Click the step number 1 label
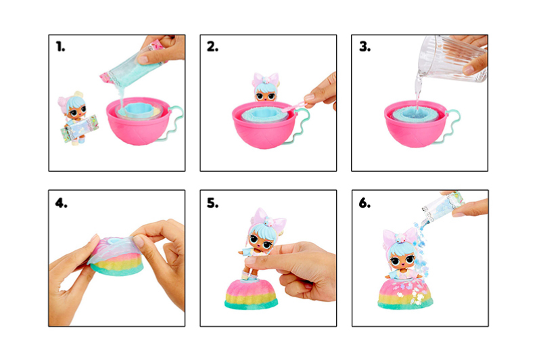60,47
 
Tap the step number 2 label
212,47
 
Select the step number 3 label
364,47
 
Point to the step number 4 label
61,202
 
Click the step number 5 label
212,202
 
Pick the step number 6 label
364,202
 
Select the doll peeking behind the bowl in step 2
265,87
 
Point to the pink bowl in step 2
264,125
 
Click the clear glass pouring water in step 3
452,58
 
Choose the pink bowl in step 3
417,124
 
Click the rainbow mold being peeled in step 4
116,255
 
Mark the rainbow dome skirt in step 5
251,295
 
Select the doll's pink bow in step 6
400,238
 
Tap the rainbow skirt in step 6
405,294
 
